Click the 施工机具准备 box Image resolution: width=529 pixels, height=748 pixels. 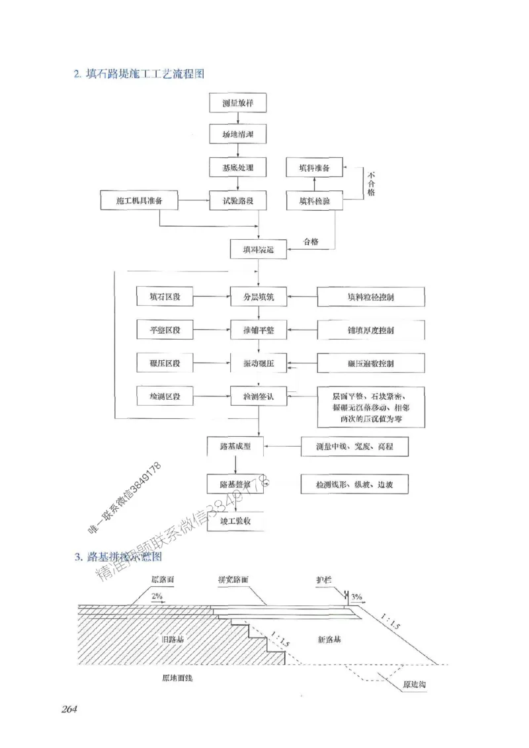tap(140, 200)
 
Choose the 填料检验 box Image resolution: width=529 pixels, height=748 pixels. tap(315, 200)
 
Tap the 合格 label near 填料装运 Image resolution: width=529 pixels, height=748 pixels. tap(310, 242)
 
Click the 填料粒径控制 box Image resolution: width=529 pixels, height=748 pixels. tap(370, 297)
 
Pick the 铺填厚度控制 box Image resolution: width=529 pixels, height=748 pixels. tap(370, 330)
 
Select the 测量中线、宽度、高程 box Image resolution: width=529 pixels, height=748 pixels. tap(354, 447)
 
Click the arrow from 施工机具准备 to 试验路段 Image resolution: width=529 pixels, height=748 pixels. tap(194, 200)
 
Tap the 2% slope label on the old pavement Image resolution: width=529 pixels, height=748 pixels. tap(157, 596)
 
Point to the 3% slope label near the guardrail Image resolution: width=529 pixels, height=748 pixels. tap(356, 597)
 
